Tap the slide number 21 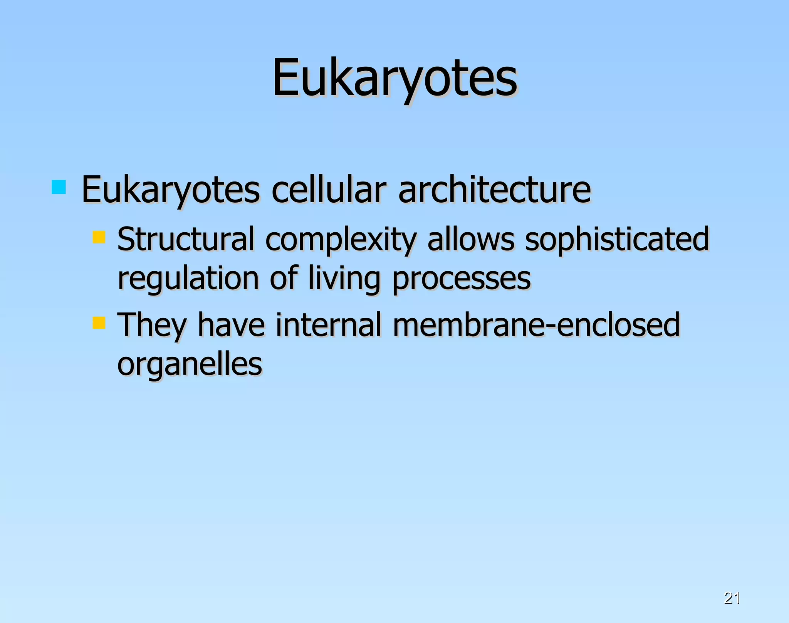[x=732, y=598]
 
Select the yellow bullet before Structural [x=99, y=237]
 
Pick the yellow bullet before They [x=99, y=323]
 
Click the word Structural [x=186, y=239]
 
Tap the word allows [x=471, y=239]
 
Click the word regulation [x=188, y=279]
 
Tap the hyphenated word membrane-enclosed [x=536, y=325]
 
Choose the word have [x=231, y=325]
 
